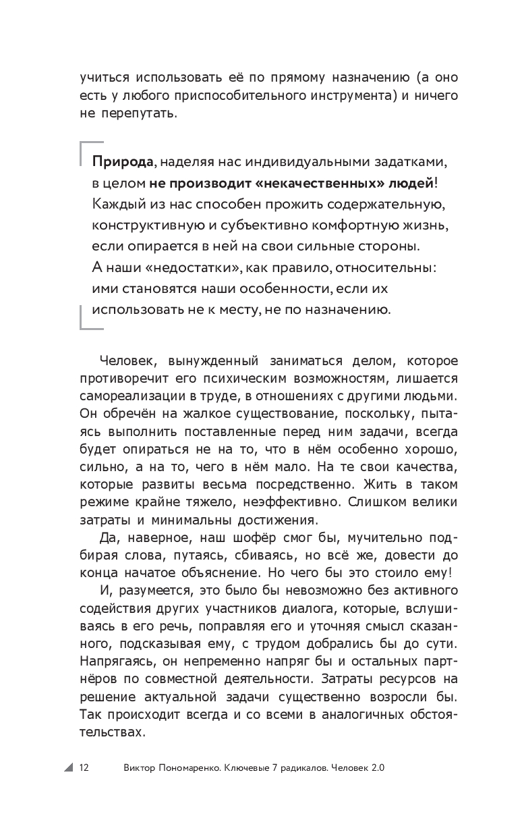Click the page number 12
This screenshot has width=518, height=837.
pyautogui.click(x=84, y=767)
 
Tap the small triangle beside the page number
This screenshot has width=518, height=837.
pyautogui.click(x=69, y=767)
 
